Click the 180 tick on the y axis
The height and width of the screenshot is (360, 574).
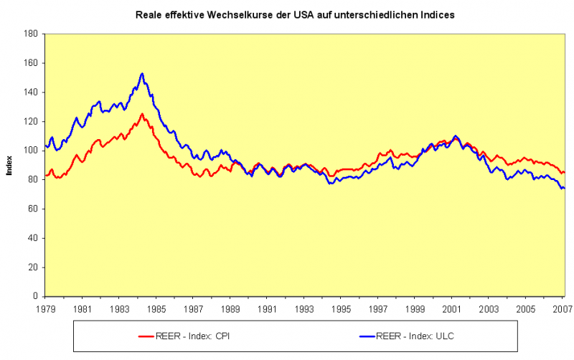[31, 34]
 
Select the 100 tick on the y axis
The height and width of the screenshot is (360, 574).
[31, 151]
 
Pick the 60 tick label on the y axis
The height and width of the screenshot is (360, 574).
[33, 209]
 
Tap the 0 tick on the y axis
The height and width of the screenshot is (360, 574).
[35, 296]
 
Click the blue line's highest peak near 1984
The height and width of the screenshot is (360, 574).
[142, 73]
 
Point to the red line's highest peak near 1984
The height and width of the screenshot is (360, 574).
[142, 113]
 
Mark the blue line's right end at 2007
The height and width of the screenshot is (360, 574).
[564, 188]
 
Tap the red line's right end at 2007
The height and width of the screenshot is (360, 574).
[564, 172]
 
